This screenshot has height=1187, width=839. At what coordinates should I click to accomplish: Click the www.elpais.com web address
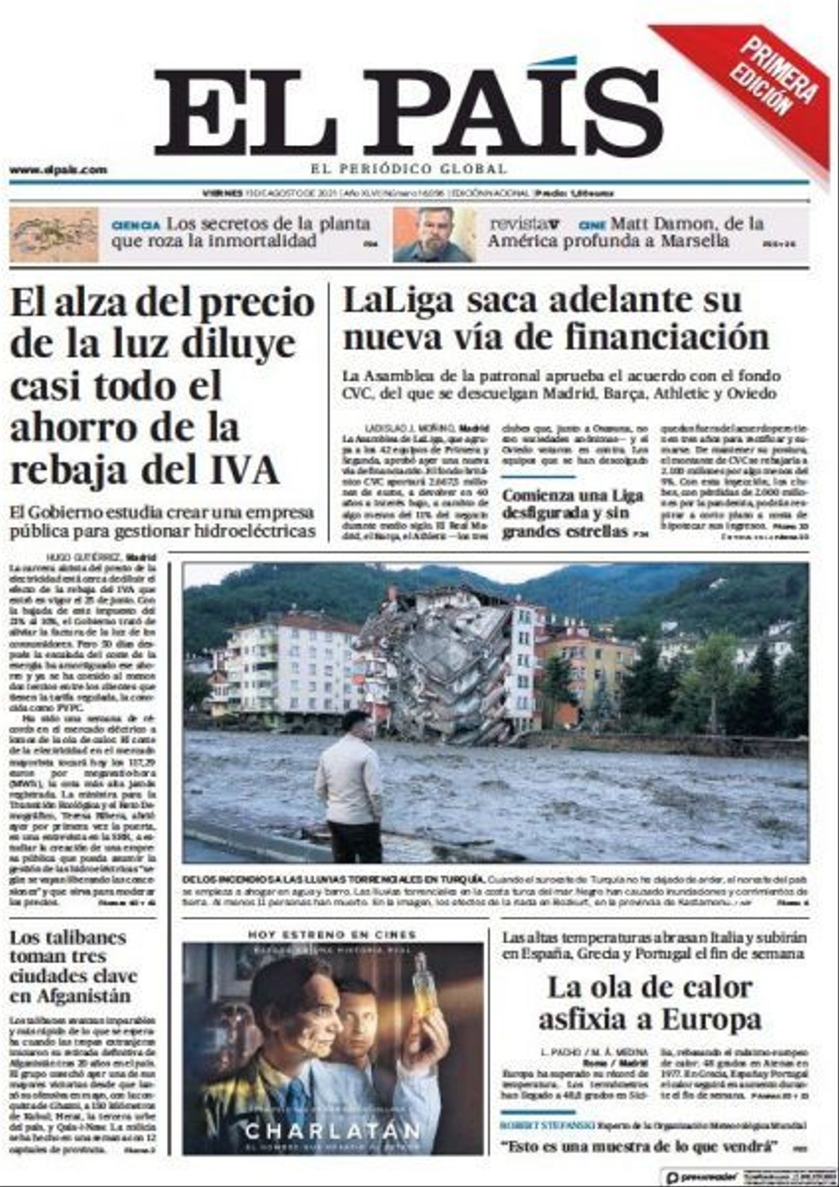click(x=58, y=170)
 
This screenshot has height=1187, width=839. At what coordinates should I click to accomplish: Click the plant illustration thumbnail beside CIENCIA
click(x=54, y=234)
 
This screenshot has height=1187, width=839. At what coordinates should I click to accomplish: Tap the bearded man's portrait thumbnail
click(x=434, y=234)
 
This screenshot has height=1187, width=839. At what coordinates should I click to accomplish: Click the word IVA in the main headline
click(x=244, y=470)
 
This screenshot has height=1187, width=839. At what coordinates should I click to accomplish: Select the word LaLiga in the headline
click(x=397, y=301)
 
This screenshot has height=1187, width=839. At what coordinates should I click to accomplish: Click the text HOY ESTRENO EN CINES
click(x=332, y=935)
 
